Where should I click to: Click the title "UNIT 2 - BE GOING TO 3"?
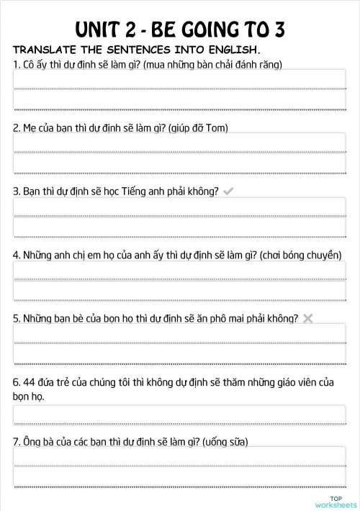point(180,29)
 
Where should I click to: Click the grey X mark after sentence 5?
point(308,318)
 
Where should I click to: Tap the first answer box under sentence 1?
point(179,78)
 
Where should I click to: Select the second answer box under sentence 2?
point(179,164)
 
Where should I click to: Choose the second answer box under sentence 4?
point(179,291)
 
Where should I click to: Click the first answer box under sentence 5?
point(179,333)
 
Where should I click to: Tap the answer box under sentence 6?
point(179,415)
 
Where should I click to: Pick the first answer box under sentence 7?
point(179,457)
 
